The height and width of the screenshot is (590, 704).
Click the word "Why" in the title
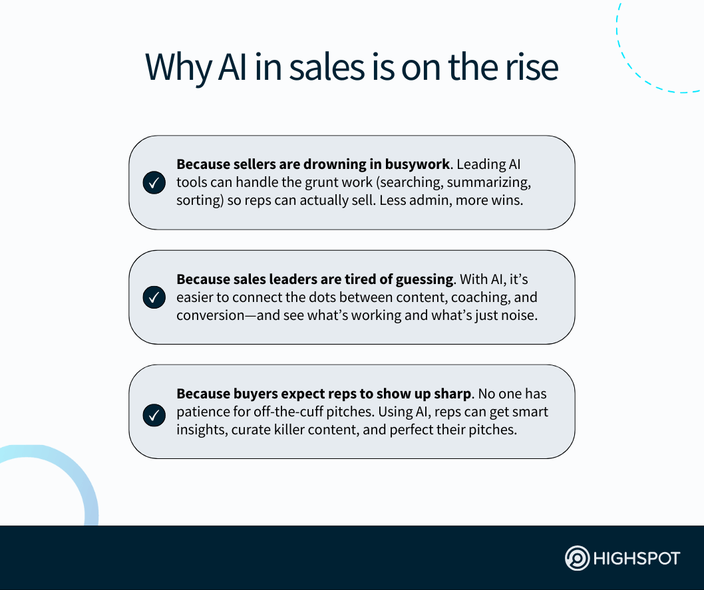tap(178, 68)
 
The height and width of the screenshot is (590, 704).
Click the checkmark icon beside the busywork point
tap(154, 183)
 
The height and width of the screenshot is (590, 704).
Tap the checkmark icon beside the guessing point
tap(154, 297)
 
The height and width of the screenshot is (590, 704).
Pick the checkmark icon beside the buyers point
tap(154, 416)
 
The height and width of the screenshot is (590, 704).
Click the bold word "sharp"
tap(452, 394)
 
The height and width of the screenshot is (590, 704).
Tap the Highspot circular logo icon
tap(577, 558)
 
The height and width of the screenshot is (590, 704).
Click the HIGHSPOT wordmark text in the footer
tap(637, 559)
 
